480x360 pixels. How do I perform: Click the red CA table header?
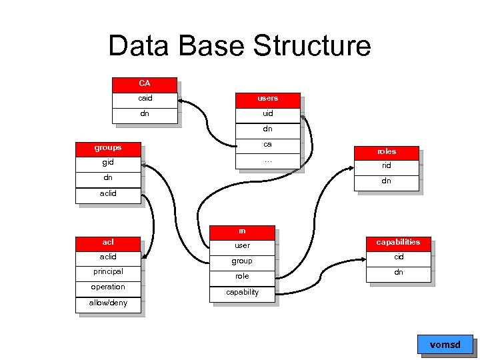(x=145, y=84)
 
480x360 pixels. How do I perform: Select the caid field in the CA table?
(x=145, y=99)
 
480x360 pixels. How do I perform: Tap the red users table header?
(x=268, y=99)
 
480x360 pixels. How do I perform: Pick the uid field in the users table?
(x=268, y=113)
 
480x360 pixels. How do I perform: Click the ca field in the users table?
(x=268, y=144)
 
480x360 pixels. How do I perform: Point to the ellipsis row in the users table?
(x=268, y=160)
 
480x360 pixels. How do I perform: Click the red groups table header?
(x=108, y=147)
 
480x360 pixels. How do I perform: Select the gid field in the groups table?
(x=108, y=163)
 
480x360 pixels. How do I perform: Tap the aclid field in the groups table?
(x=108, y=193)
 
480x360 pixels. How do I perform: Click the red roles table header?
(x=387, y=151)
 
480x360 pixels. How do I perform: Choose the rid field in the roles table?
(x=387, y=166)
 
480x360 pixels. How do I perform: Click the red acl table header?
(x=108, y=242)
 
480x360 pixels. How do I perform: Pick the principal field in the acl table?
(x=108, y=272)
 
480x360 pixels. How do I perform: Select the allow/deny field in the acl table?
(x=108, y=303)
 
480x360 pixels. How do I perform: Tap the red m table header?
(x=242, y=231)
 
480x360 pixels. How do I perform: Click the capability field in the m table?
(x=242, y=293)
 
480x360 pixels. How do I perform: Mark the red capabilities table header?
(x=399, y=242)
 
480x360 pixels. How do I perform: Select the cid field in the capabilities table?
(x=399, y=257)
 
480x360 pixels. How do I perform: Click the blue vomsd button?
(x=445, y=345)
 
